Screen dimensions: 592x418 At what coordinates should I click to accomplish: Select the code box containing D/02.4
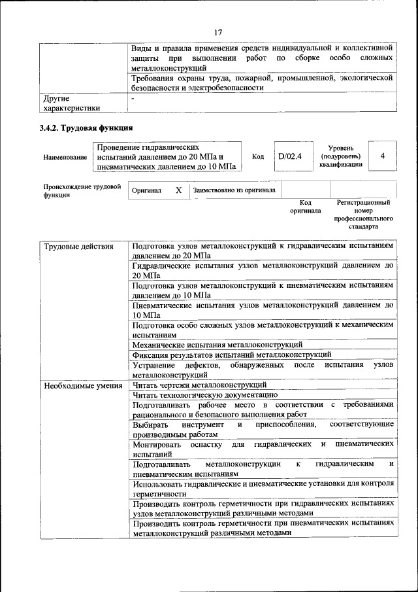287,157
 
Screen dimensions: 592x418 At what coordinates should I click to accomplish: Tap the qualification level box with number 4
382,156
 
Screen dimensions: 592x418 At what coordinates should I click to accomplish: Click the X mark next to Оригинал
178,190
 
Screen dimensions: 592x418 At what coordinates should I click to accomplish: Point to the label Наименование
65,158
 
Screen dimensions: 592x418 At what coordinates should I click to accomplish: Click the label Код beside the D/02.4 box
258,157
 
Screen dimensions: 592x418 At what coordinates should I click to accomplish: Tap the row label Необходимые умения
83,385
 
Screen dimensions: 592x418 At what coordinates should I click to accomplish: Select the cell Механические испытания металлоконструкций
217,344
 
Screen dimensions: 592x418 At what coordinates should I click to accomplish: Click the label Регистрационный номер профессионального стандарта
364,216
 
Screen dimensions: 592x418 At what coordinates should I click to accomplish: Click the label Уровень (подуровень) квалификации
341,157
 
